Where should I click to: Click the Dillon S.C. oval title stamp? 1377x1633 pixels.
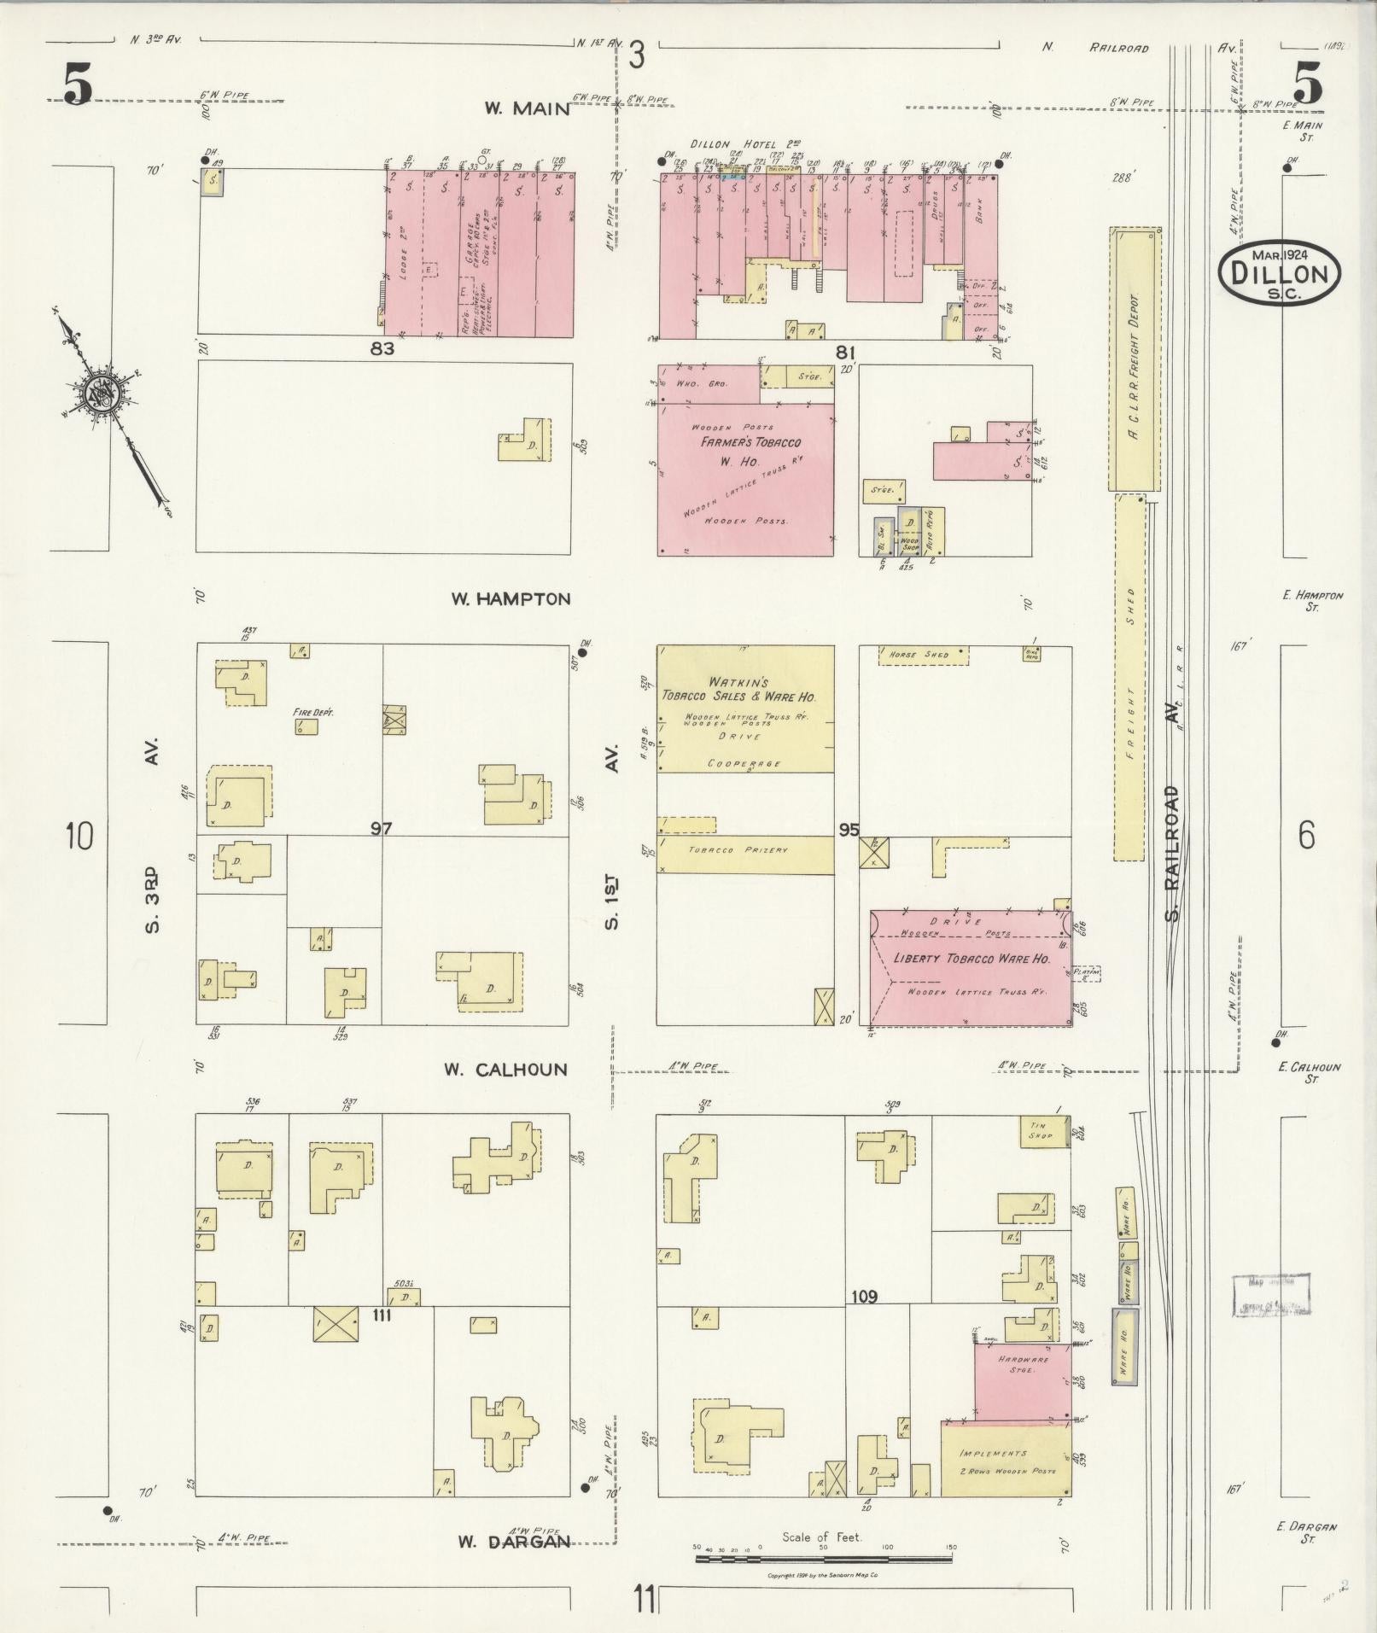coord(1279,271)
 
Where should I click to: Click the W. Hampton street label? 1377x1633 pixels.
coord(511,599)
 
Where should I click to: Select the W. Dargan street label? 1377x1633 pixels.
coord(512,1542)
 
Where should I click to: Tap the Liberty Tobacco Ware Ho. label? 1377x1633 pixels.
coord(971,959)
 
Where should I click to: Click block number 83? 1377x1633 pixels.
coord(382,348)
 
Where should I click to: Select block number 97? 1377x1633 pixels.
coord(381,827)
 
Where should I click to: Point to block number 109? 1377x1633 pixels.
coord(864,1321)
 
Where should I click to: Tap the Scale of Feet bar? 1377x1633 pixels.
coord(823,1558)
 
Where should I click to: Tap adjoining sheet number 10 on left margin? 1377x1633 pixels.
coord(79,836)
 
